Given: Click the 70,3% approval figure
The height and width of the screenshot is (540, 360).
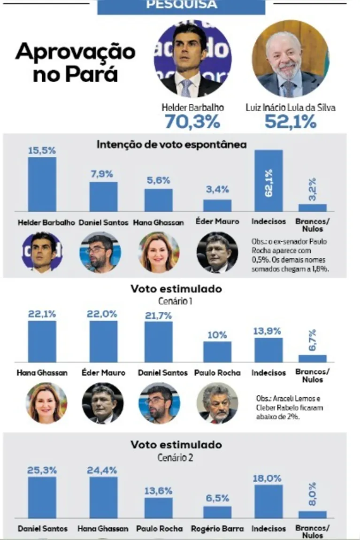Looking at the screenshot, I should click(192, 122).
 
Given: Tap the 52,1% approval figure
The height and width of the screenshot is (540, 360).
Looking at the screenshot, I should click(291, 122).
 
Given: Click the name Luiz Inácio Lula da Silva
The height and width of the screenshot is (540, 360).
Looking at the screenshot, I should click(291, 108).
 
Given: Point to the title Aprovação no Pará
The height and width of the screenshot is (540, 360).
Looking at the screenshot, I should click(75, 62).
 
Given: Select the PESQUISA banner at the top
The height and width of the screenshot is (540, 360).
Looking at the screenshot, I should click(181, 6).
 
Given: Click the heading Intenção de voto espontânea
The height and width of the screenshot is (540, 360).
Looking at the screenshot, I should click(171, 145).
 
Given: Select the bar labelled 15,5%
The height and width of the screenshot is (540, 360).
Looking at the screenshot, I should click(42, 184).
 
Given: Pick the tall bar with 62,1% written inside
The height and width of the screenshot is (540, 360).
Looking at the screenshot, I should click(268, 181).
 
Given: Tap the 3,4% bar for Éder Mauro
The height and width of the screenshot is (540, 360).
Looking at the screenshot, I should click(217, 205).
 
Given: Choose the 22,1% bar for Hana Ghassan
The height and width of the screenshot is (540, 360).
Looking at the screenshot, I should click(42, 341).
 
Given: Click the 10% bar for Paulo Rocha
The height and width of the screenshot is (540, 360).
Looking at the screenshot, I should click(217, 352).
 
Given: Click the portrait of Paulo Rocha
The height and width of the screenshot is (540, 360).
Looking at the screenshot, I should click(217, 403).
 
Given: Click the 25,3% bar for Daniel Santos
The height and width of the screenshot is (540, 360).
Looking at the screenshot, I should click(42, 497).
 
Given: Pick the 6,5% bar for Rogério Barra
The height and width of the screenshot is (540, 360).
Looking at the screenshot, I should click(217, 512).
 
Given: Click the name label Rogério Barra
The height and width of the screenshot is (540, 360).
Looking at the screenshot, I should click(217, 529).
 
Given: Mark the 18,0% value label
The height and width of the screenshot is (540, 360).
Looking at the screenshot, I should click(268, 478).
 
